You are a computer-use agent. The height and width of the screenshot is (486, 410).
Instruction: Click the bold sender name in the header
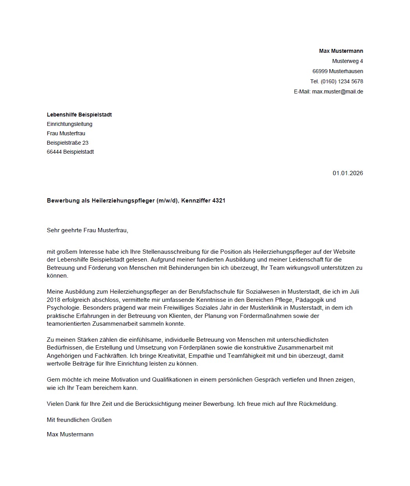pyautogui.click(x=341, y=51)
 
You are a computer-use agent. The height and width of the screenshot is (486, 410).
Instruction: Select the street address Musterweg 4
pyautogui.click(x=347, y=61)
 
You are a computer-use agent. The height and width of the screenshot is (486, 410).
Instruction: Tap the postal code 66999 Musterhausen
pyautogui.click(x=338, y=71)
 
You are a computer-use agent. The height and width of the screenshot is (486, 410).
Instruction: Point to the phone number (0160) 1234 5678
pyautogui.click(x=342, y=81)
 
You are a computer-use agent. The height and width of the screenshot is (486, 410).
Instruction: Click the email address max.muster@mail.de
pyautogui.click(x=338, y=91)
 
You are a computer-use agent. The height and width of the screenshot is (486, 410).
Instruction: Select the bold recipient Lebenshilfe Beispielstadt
pyautogui.click(x=79, y=115)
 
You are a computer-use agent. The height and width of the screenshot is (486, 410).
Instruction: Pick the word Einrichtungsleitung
pyautogui.click(x=70, y=124)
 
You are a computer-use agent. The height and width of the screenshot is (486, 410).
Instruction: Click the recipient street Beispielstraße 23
pyautogui.click(x=68, y=143)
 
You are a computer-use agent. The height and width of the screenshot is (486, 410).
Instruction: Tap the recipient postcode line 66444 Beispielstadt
pyautogui.click(x=70, y=152)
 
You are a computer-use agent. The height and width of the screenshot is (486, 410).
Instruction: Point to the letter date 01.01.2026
pyautogui.click(x=348, y=173)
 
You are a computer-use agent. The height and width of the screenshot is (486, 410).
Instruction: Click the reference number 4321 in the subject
pyautogui.click(x=218, y=201)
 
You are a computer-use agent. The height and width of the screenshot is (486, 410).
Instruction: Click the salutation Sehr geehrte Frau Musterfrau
pyautogui.click(x=87, y=230)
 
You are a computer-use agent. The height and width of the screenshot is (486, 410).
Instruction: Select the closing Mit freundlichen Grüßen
pyautogui.click(x=79, y=420)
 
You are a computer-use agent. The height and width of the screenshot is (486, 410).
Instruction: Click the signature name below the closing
pyautogui.click(x=70, y=434)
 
